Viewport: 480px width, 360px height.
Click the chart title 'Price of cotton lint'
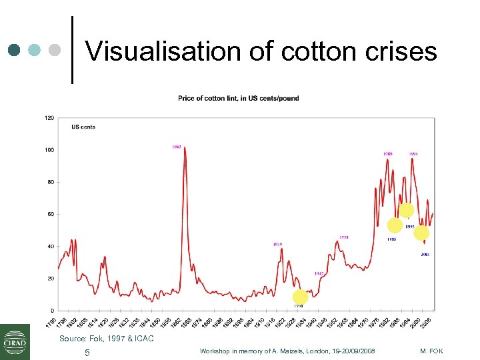coord(238,98)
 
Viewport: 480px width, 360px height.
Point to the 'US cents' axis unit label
coord(83,127)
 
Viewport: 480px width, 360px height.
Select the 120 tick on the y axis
coord(49,118)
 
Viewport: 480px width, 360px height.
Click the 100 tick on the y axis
coord(49,150)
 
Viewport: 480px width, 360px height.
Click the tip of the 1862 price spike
coord(184,148)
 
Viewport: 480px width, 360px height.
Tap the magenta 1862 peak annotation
coord(177,147)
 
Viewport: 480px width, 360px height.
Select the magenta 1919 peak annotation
coord(277,245)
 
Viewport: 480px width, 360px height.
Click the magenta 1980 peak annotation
coord(387,154)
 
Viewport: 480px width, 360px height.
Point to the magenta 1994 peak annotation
coord(413,154)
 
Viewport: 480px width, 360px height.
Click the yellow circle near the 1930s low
coord(300,297)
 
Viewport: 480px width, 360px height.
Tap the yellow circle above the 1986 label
coord(395,225)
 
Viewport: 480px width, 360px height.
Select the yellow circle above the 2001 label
coord(421,233)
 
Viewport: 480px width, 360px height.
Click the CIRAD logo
coord(15,341)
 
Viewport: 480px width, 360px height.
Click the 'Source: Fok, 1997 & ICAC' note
coord(107,339)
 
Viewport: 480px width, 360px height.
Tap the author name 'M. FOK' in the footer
coord(431,351)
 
